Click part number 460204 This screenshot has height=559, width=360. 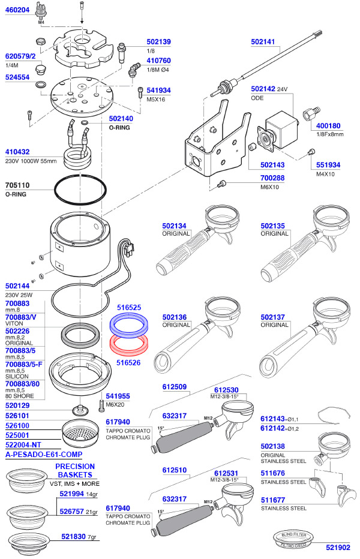17,10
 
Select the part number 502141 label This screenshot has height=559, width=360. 262,42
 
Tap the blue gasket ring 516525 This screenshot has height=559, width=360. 130,325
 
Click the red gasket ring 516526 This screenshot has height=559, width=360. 130,347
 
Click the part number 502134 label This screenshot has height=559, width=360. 174,226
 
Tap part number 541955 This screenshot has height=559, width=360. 118,396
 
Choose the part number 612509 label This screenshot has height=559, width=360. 174,387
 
